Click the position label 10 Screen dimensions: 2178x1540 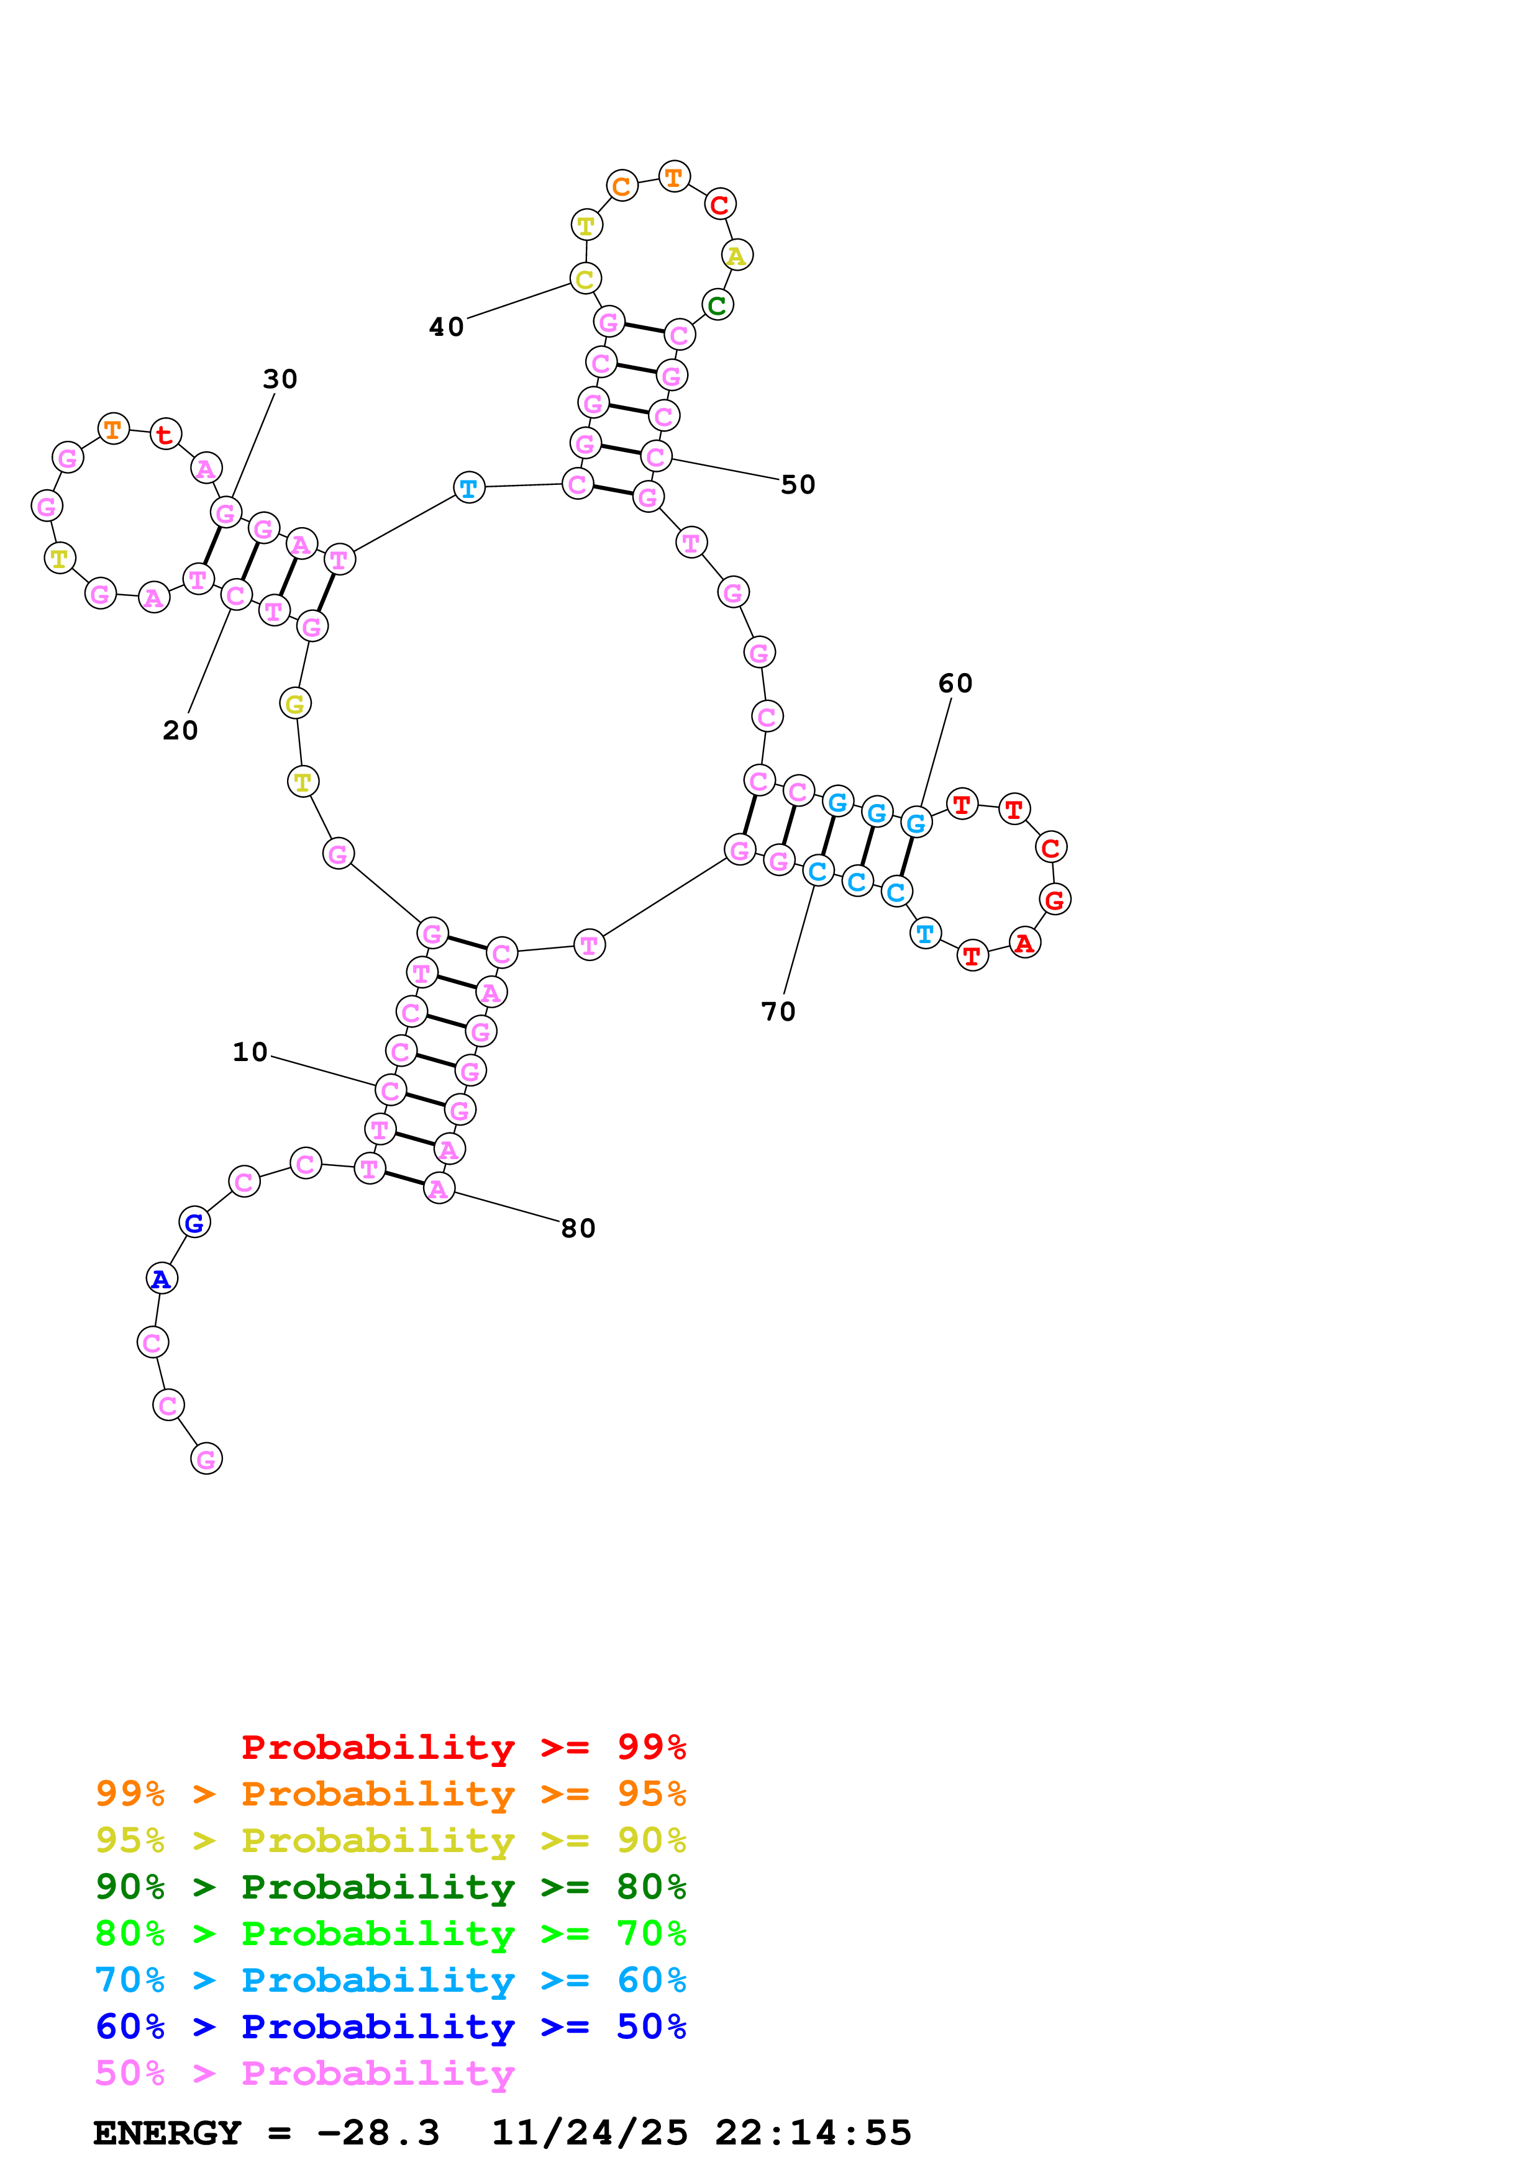(x=250, y=1052)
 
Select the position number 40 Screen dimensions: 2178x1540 (x=446, y=327)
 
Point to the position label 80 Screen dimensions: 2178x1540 (x=578, y=1229)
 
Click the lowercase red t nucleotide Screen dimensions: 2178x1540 (x=165, y=435)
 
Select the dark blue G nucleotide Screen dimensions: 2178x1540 (x=194, y=1222)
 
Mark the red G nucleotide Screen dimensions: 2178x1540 (x=1054, y=899)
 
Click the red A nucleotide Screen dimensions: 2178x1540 (x=1024, y=943)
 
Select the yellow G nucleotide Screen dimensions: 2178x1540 (x=295, y=704)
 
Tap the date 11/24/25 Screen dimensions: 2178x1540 (x=590, y=2133)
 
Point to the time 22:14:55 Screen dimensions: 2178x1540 (x=813, y=2133)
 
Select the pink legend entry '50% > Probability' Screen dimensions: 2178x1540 (x=304, y=2074)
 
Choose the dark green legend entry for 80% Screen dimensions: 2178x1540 (x=390, y=1887)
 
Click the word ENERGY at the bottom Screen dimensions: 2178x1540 (x=167, y=2133)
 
